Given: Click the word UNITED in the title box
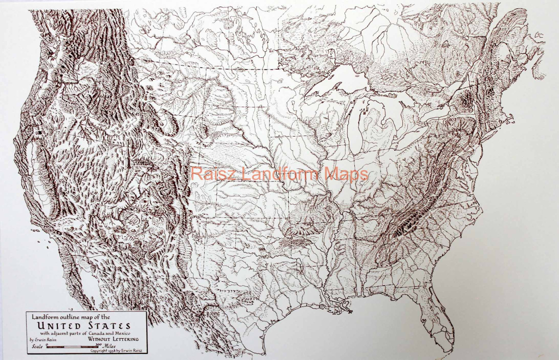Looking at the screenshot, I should point(63,326).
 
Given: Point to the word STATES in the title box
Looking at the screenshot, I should point(111,326).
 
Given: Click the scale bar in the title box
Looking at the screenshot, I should point(76,346).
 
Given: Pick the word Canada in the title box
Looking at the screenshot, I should point(104,333).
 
